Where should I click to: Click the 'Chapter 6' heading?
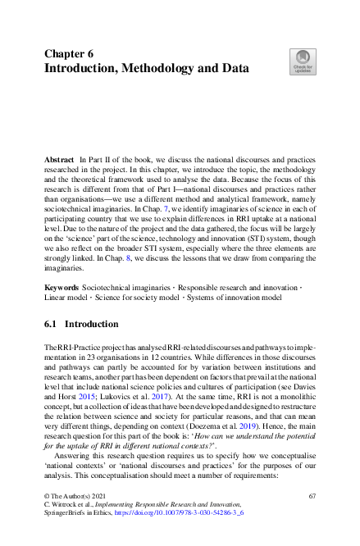pos(69,53)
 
